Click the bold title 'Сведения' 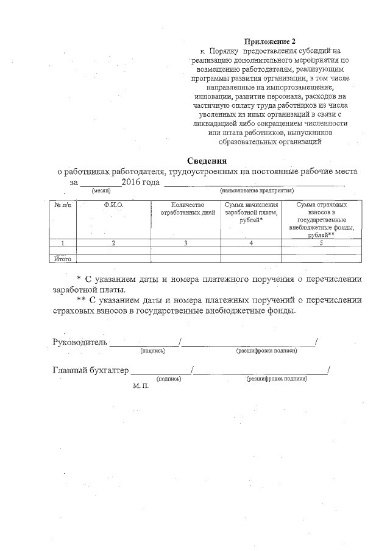click(x=207, y=161)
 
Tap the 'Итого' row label click(x=63, y=259)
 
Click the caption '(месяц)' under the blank click(x=101, y=191)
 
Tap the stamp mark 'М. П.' click(x=141, y=387)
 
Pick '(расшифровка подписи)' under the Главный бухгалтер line click(x=277, y=379)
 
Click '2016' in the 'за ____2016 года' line click(x=131, y=182)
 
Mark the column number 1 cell click(x=63, y=244)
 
